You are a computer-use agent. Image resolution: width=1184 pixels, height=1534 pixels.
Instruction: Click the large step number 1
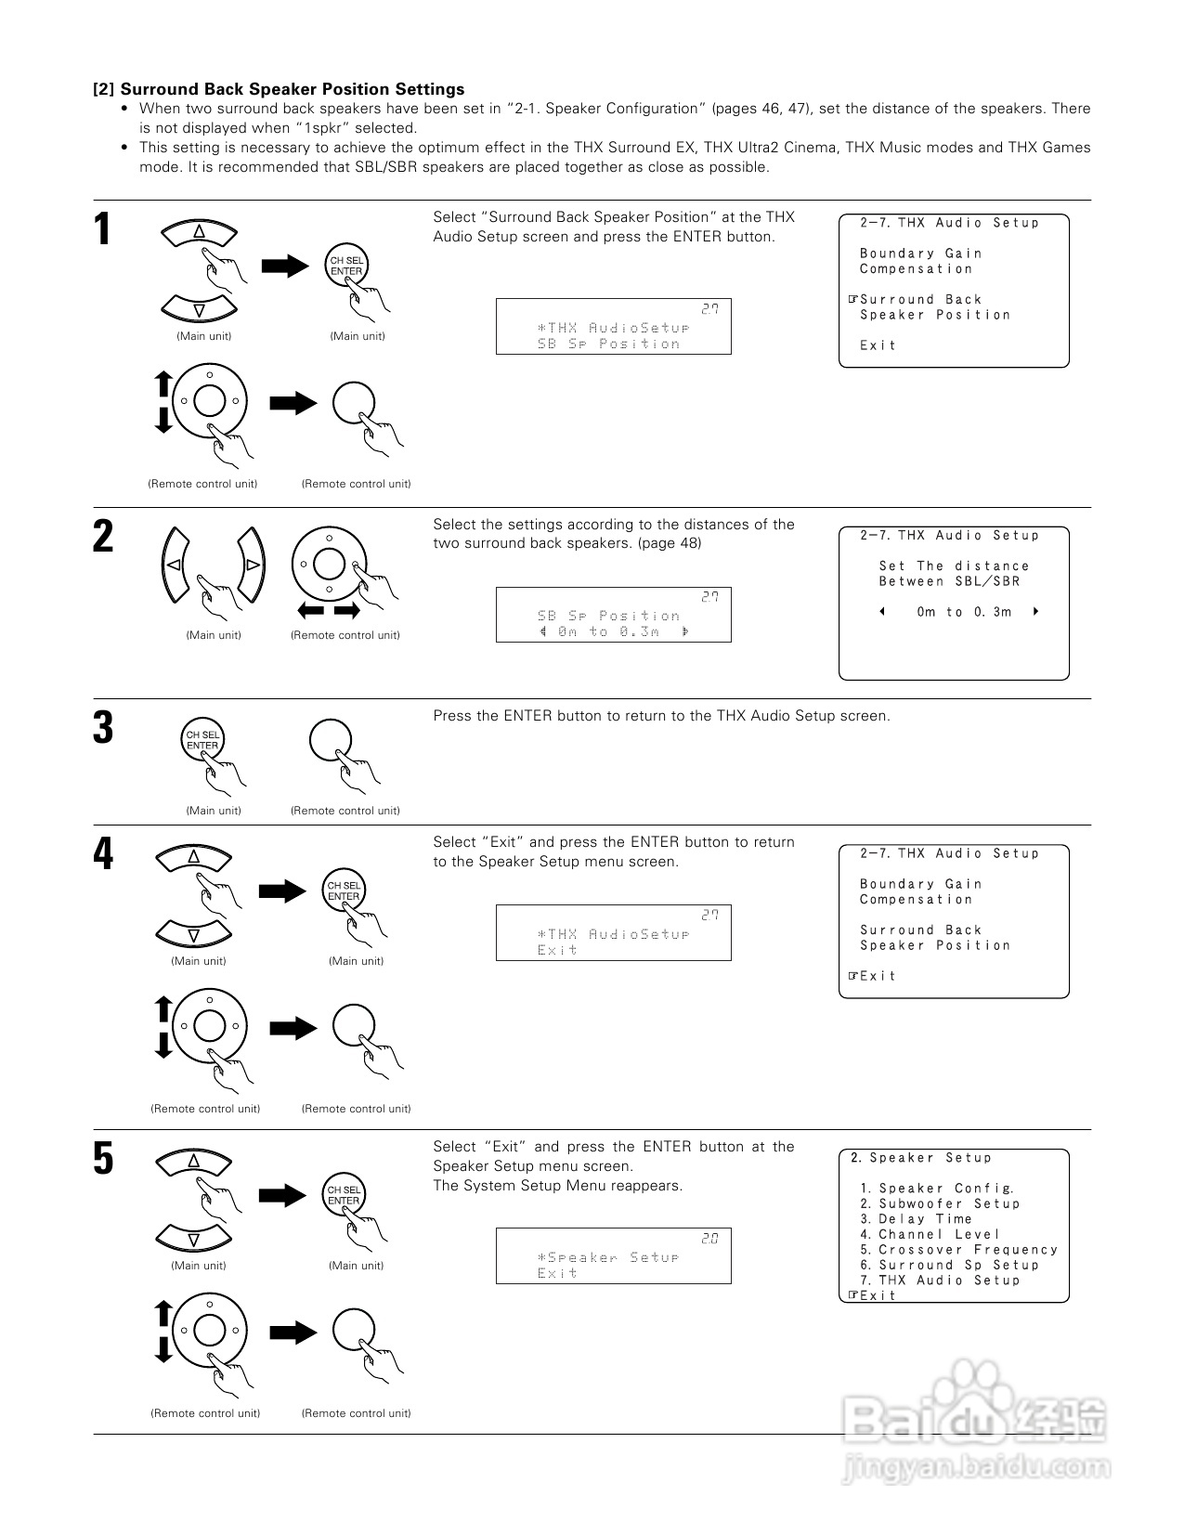click(x=103, y=229)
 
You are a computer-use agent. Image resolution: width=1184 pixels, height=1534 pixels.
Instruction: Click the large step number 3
click(x=103, y=728)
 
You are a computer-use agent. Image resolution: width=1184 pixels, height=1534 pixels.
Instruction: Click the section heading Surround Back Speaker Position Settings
click(x=293, y=89)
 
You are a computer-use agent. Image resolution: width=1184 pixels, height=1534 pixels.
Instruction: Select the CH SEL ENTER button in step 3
click(x=202, y=741)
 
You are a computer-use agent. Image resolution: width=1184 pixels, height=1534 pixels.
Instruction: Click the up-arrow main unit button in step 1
click(x=199, y=233)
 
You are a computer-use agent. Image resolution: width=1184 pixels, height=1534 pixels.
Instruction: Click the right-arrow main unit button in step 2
click(x=252, y=564)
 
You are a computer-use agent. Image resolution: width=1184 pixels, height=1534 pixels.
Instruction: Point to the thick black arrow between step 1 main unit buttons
click(x=285, y=266)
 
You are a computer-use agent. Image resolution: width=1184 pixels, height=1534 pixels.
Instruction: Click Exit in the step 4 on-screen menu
click(x=878, y=976)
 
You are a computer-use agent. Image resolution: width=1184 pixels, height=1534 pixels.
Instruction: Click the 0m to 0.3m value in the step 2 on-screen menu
click(x=964, y=612)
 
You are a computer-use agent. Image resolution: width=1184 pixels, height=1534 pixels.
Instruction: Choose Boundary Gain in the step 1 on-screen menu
click(x=920, y=253)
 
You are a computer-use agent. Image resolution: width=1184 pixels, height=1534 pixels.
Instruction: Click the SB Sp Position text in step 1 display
click(x=608, y=344)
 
